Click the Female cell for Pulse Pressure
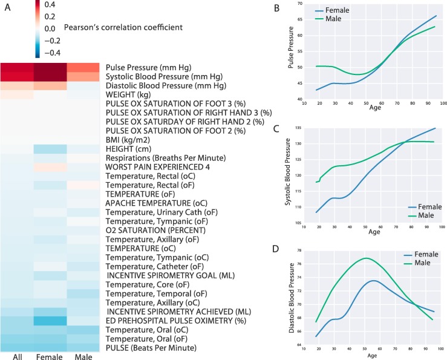pos(50,67)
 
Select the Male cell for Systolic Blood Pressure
pos(83,76)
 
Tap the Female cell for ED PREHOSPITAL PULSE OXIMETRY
pos(50,321)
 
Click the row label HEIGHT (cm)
pos(128,149)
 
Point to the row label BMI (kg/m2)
pos(128,140)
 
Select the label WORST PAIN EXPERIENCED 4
pos(158,167)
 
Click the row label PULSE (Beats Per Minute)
pos(151,348)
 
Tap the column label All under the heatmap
pos(18,356)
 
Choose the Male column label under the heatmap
pos(83,356)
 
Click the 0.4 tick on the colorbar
pos(50,4)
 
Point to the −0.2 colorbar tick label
pos(52,41)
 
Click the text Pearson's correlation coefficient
pos(123,27)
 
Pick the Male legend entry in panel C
pos(426,215)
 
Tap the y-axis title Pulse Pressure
pos(290,47)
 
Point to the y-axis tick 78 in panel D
pos(299,250)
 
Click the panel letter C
pos(276,129)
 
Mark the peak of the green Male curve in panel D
pos(366,258)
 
